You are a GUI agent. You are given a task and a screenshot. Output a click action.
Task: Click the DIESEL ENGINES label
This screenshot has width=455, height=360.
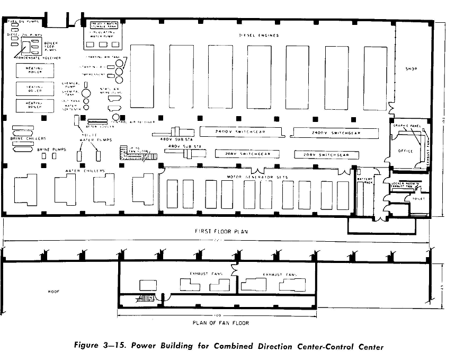[258, 36]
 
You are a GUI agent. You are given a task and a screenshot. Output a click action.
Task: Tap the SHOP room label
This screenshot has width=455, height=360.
[412, 69]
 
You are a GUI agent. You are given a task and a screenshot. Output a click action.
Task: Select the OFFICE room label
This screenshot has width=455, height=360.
[405, 151]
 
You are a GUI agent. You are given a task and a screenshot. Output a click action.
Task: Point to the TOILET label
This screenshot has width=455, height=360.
[418, 199]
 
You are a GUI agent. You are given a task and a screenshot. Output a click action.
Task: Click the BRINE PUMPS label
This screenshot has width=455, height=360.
[50, 150]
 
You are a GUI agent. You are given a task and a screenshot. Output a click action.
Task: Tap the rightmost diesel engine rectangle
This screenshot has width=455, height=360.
[375, 78]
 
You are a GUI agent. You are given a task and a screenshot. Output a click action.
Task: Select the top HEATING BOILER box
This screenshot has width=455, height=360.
[35, 71]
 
